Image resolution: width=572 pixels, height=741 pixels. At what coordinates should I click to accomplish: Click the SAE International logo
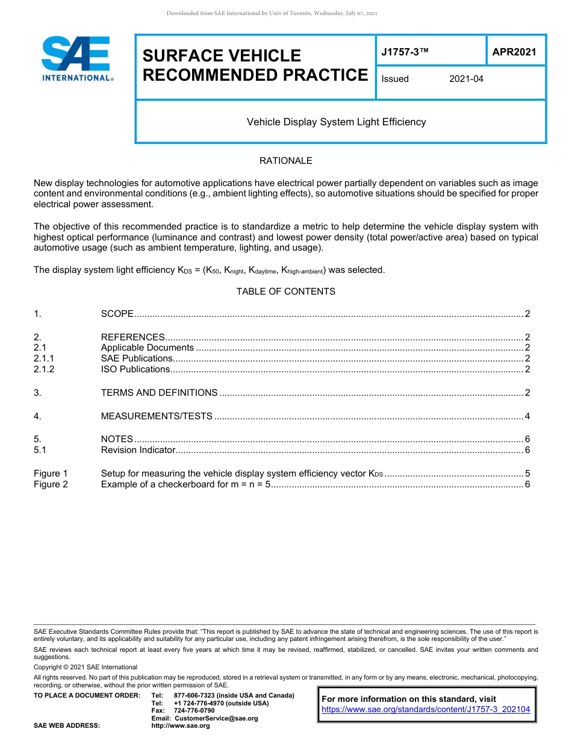(77, 58)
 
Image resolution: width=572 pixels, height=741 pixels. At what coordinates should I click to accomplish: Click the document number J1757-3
(404, 52)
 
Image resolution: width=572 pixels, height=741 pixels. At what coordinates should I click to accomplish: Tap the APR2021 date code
(514, 52)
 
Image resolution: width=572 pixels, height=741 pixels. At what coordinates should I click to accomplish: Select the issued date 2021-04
(466, 79)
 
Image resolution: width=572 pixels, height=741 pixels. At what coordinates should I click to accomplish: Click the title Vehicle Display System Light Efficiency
(336, 122)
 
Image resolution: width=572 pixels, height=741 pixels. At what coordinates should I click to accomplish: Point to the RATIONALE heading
(285, 161)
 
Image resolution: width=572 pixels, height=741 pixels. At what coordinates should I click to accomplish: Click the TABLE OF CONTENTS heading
(285, 292)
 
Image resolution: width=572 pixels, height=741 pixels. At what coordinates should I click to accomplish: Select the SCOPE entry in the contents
(117, 314)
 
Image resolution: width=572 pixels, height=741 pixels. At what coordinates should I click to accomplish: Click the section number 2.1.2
(44, 369)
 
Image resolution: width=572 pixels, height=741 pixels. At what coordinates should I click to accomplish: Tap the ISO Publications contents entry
(135, 369)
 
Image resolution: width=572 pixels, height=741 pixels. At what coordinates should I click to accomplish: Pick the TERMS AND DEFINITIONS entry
(159, 393)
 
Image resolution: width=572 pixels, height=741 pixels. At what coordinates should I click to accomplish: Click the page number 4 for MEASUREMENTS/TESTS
(527, 416)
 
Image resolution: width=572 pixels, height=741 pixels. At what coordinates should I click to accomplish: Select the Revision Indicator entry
(138, 450)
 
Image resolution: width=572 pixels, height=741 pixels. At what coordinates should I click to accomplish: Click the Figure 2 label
(51, 484)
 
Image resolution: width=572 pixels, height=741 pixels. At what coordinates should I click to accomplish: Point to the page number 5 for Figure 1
(527, 474)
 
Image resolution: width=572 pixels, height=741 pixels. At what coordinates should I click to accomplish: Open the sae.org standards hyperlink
(426, 710)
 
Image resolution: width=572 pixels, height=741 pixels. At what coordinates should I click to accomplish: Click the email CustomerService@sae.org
(216, 718)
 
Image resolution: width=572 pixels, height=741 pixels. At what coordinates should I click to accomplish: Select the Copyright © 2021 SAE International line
(85, 667)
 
